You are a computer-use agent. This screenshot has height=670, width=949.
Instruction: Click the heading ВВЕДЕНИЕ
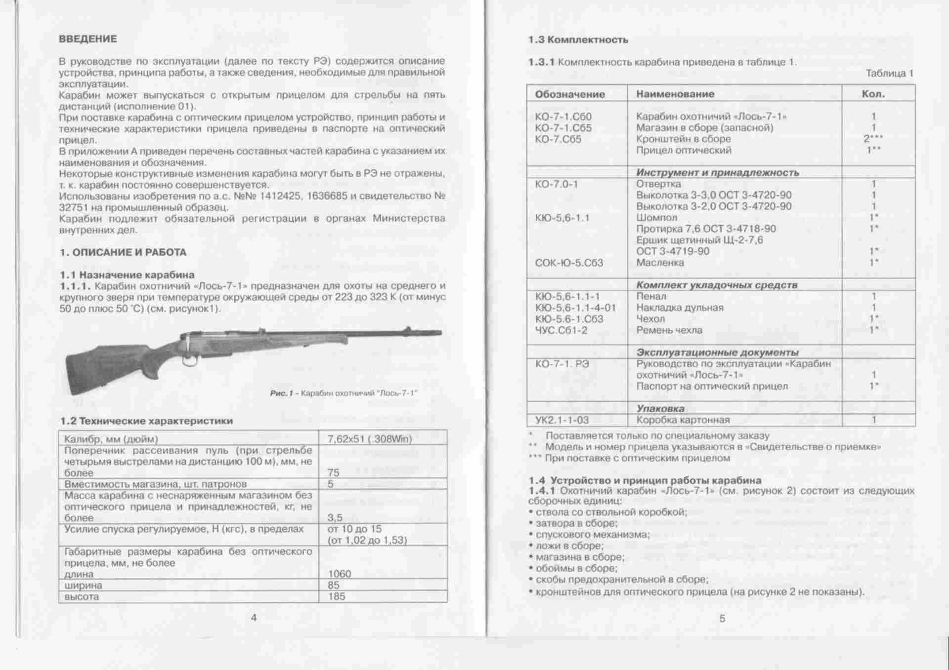(88, 39)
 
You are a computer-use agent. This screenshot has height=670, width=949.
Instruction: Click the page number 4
(254, 618)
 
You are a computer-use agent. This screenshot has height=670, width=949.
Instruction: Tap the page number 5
(722, 619)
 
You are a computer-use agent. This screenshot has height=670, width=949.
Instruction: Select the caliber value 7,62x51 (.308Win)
(369, 439)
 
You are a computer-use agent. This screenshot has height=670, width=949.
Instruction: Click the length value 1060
(340, 574)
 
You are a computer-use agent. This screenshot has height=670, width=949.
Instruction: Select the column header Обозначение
(570, 94)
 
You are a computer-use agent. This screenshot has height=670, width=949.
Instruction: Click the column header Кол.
(873, 94)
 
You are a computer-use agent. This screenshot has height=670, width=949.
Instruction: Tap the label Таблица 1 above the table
(889, 74)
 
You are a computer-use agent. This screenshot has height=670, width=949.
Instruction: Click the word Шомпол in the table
(656, 218)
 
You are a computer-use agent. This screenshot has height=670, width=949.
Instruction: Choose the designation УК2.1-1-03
(562, 420)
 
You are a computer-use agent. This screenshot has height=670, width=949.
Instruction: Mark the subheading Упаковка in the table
(660, 408)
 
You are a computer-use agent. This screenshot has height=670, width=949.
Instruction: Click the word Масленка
(660, 263)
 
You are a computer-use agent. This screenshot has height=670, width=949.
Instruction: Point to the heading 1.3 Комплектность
(578, 40)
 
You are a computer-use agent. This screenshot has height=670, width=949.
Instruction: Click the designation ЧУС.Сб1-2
(561, 330)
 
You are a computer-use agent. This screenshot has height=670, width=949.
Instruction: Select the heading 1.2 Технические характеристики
(146, 421)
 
